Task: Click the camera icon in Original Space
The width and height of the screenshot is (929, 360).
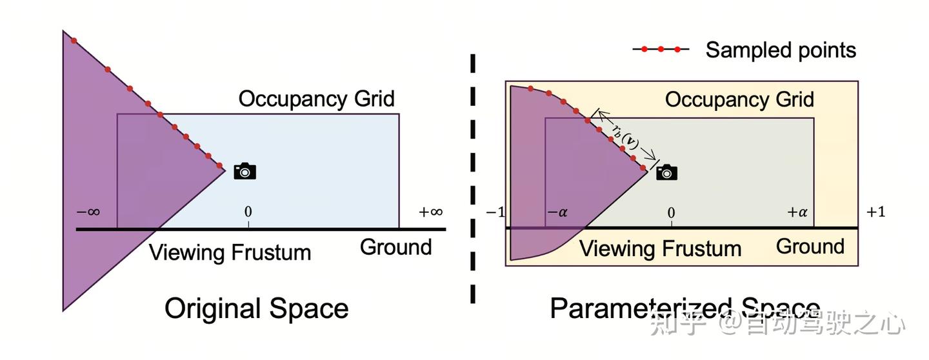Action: click(245, 171)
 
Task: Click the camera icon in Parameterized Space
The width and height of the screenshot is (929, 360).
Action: click(667, 172)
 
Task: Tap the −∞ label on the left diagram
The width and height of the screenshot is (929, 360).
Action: click(88, 212)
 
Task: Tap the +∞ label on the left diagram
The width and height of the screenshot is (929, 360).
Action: click(430, 212)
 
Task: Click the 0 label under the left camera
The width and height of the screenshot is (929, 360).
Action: click(248, 212)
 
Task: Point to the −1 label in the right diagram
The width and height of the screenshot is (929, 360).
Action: click(495, 212)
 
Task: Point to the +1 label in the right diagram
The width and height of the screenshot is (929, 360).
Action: click(875, 212)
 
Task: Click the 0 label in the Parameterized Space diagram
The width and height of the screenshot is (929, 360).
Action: click(671, 213)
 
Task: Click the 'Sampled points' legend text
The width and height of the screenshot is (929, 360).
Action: click(781, 50)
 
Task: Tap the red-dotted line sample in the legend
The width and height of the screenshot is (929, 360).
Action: click(661, 50)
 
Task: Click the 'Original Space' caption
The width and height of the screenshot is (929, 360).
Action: click(256, 308)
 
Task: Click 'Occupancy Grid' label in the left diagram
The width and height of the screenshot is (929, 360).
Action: click(316, 99)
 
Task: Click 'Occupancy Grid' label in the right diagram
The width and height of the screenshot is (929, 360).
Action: click(739, 99)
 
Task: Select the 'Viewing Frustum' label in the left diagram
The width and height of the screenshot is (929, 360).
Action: click(230, 252)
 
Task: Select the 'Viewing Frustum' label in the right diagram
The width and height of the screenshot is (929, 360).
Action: click(660, 248)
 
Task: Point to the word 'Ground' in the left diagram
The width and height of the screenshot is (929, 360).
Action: click(395, 247)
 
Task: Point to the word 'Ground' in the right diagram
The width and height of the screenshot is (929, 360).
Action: click(810, 246)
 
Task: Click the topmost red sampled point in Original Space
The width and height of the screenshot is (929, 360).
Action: click(74, 41)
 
